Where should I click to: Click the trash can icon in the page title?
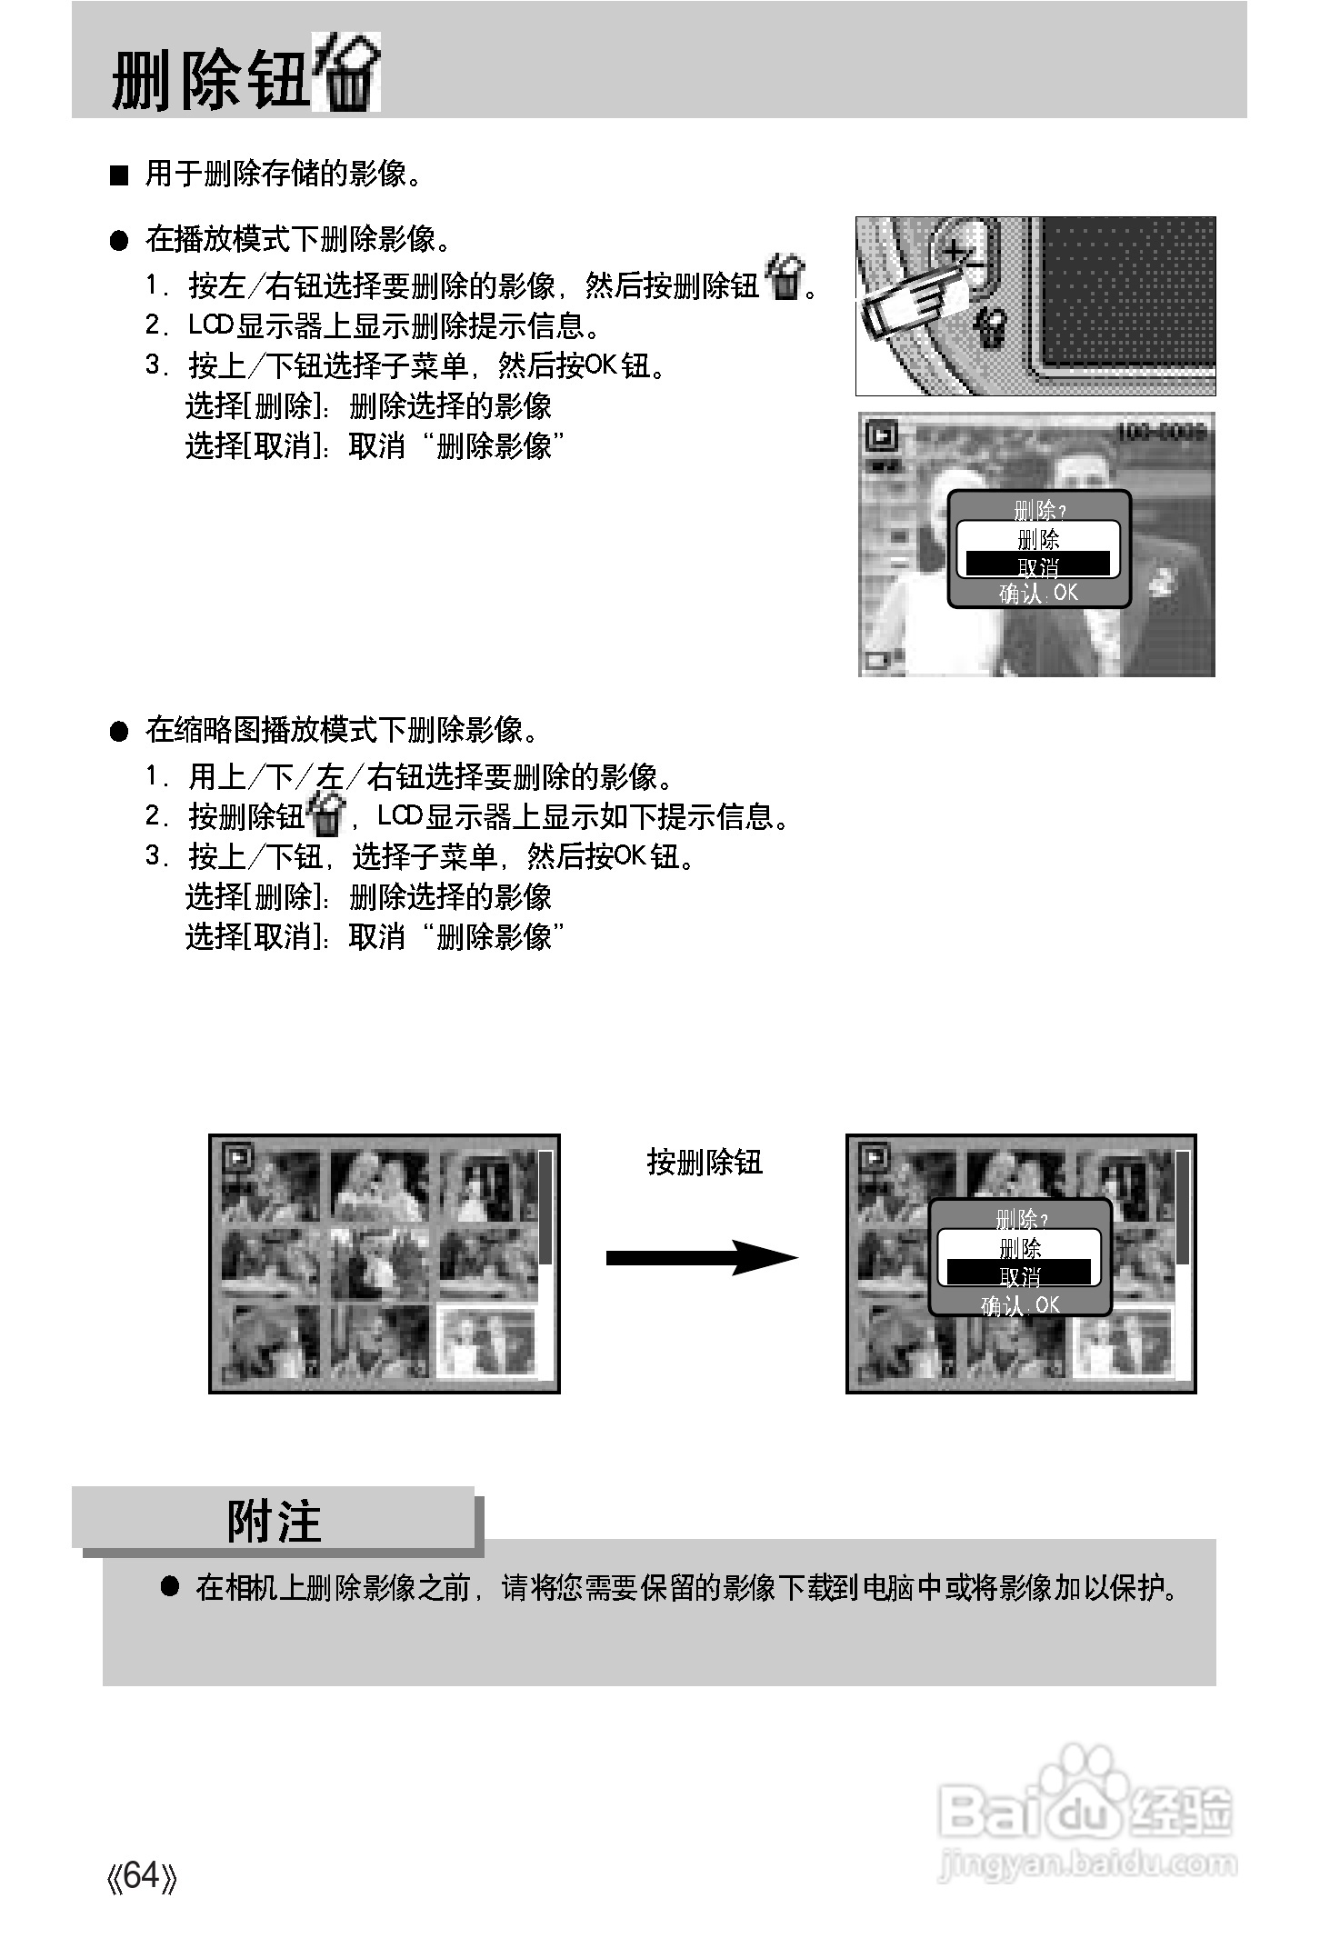[x=346, y=74]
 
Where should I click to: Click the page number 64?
[x=141, y=1874]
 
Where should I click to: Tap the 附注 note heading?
[x=274, y=1521]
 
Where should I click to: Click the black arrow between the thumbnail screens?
[x=701, y=1257]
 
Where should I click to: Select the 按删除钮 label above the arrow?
[x=704, y=1162]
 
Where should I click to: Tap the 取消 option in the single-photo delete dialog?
[x=1037, y=565]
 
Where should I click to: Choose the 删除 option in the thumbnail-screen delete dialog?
[x=1019, y=1246]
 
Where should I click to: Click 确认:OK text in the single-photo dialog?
[x=1038, y=593]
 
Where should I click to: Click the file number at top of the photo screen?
[x=1161, y=431]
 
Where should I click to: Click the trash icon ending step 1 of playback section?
[x=784, y=279]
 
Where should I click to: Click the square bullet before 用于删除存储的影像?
[x=119, y=175]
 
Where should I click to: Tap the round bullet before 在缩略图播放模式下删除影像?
[x=119, y=732]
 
